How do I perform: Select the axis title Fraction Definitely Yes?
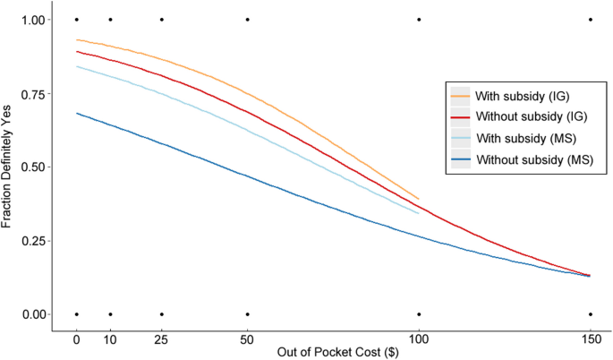pyautogui.click(x=8, y=167)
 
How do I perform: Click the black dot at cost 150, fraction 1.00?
pyautogui.click(x=591, y=19)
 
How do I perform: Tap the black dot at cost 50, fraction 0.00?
pyautogui.click(x=247, y=314)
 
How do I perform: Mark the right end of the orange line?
pyautogui.click(x=419, y=199)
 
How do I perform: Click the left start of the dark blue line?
pyautogui.click(x=77, y=114)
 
